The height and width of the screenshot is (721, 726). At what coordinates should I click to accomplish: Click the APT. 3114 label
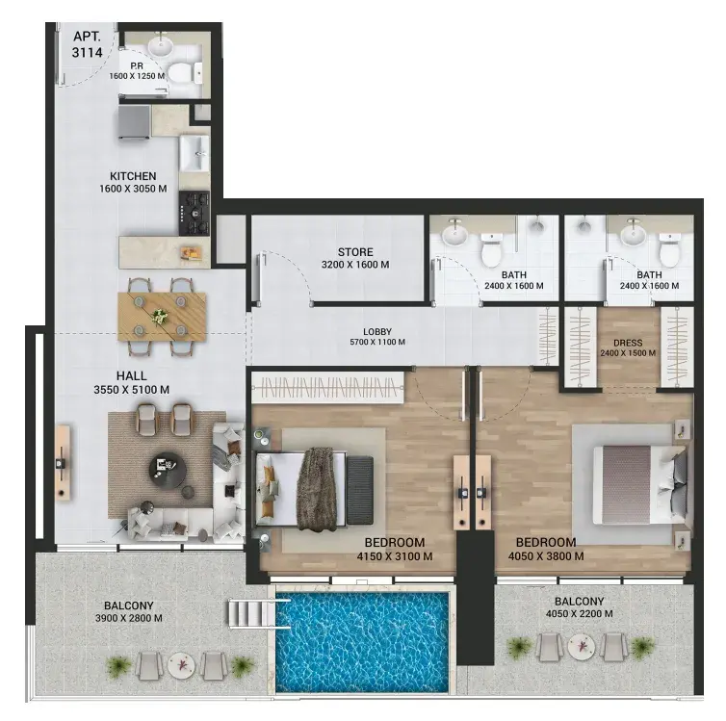click(87, 44)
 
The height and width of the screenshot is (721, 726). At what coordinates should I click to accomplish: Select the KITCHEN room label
click(133, 176)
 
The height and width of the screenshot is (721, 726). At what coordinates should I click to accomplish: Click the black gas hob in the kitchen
click(194, 213)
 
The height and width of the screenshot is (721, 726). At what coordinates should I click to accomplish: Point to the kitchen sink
click(194, 154)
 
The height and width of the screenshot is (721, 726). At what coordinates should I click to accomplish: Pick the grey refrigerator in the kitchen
click(134, 121)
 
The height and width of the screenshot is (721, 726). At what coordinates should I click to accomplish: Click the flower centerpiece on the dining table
click(161, 316)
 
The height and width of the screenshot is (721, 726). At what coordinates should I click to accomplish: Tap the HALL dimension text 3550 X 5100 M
click(132, 390)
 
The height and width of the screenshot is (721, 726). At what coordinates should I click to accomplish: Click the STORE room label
click(355, 252)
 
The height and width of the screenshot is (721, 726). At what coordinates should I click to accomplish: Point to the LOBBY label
click(377, 332)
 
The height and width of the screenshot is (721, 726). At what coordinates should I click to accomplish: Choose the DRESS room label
click(628, 343)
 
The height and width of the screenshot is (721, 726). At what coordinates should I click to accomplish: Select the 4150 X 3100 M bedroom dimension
click(395, 556)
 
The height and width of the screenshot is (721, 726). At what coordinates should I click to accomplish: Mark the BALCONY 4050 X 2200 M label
click(580, 607)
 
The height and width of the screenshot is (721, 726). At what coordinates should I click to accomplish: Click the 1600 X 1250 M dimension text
click(137, 76)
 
